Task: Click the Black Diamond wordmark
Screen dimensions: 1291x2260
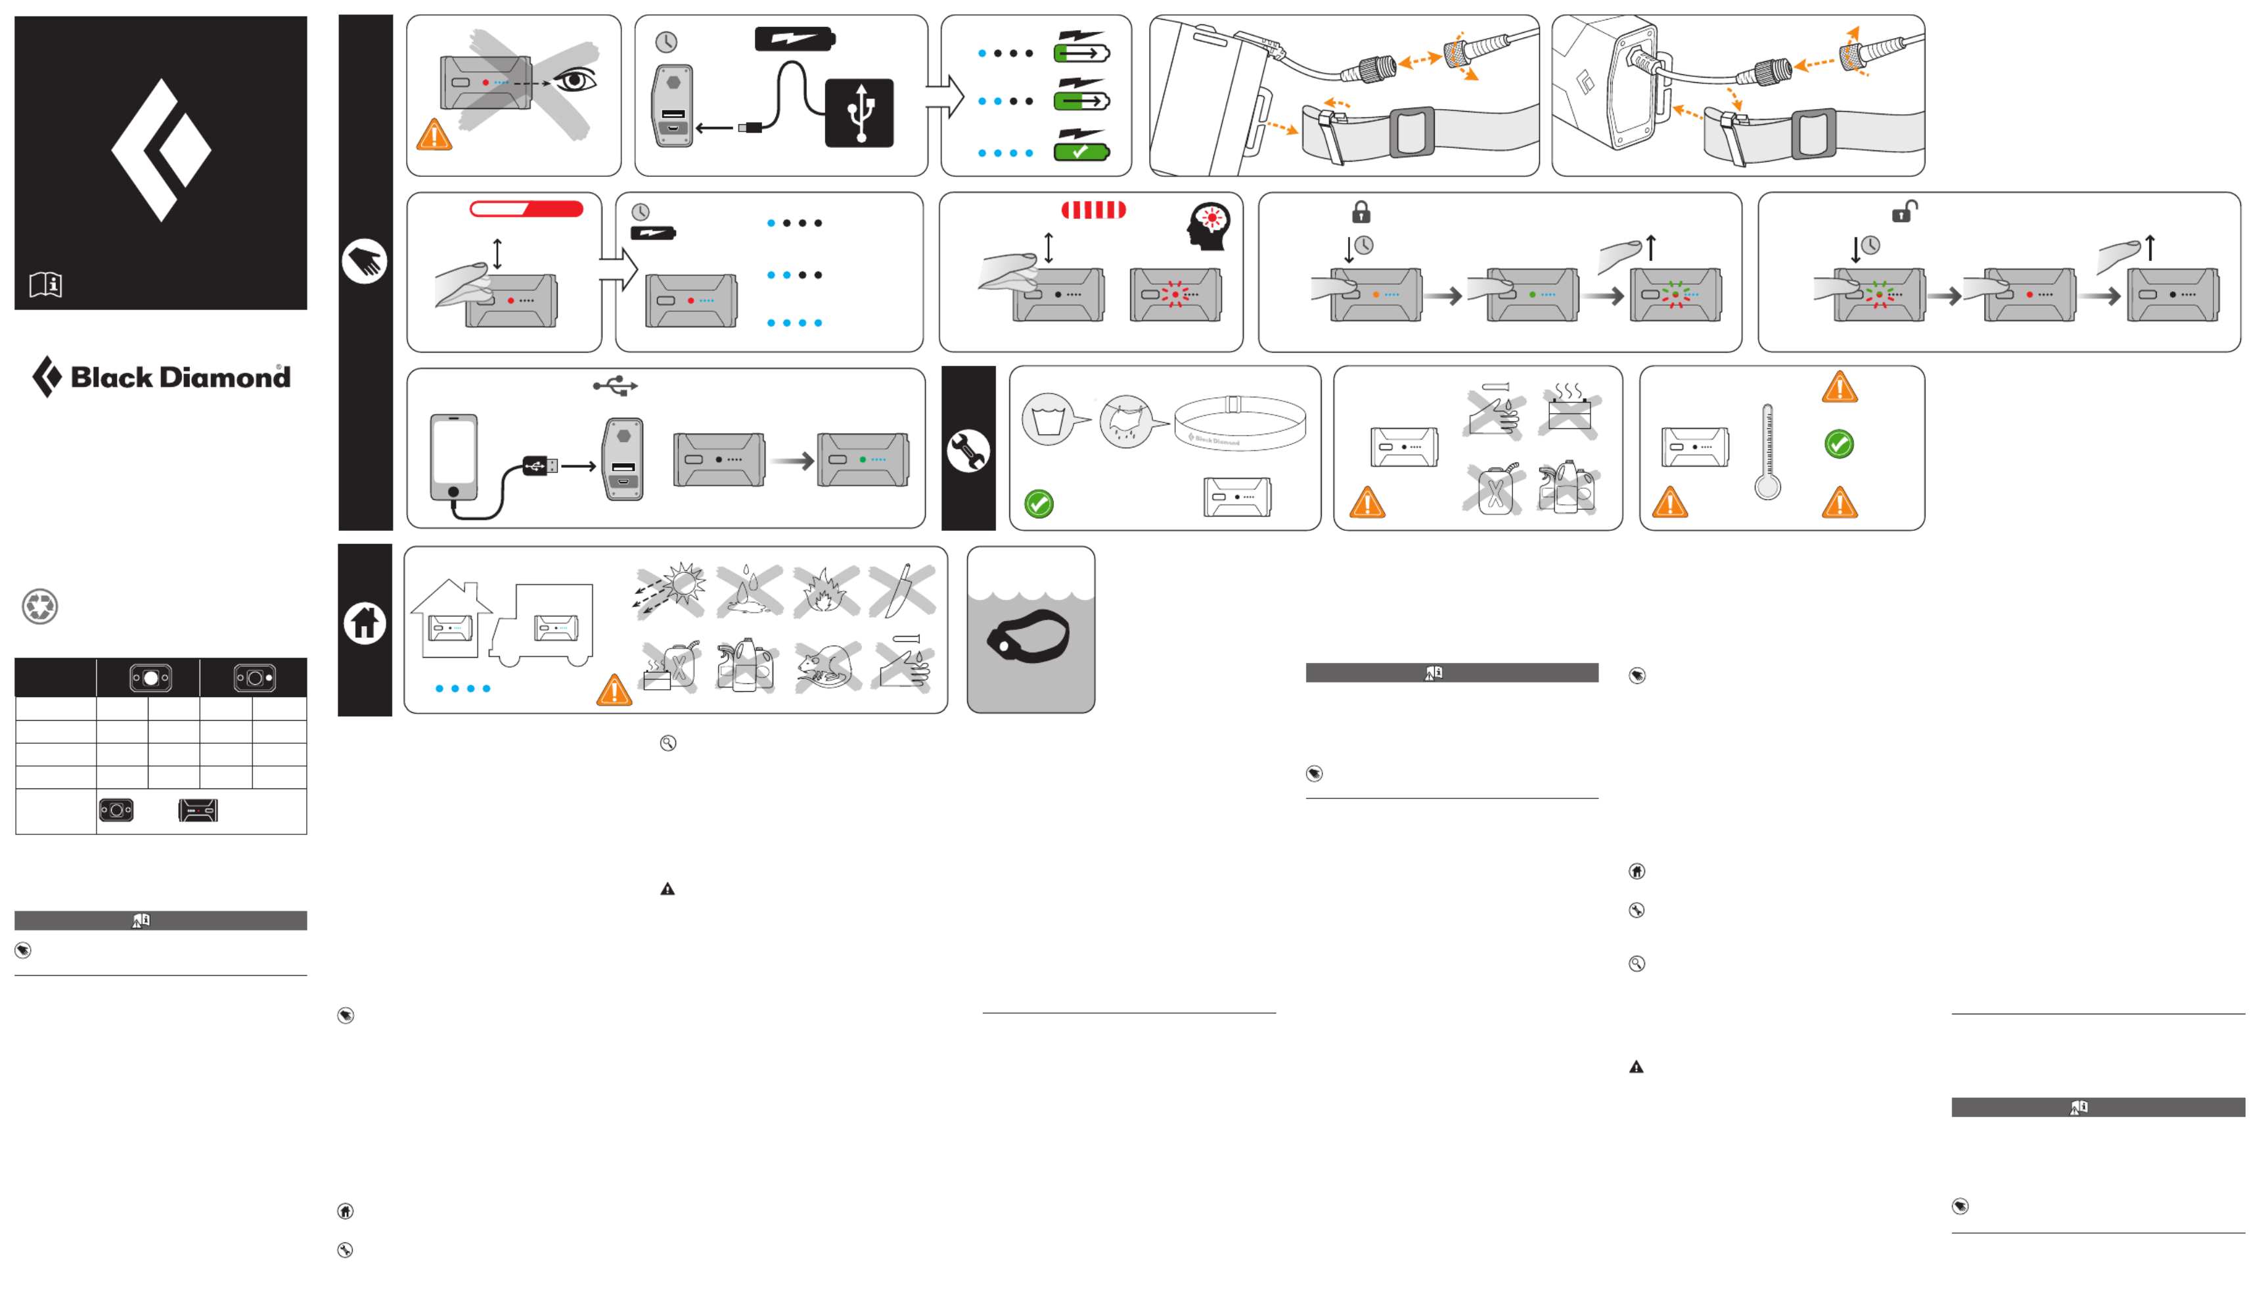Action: (x=180, y=378)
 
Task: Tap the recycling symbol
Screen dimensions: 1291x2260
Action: (x=40, y=606)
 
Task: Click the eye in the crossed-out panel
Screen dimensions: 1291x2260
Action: (x=576, y=81)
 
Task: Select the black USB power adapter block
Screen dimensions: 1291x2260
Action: (x=858, y=112)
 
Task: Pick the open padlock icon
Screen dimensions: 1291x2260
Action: (x=1903, y=212)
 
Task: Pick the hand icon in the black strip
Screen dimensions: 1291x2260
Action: (x=365, y=261)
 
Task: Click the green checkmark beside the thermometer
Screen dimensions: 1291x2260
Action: (x=1838, y=443)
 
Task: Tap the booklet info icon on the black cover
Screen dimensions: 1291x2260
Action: (x=45, y=284)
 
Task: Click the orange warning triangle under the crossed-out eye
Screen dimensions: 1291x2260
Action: (x=434, y=135)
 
